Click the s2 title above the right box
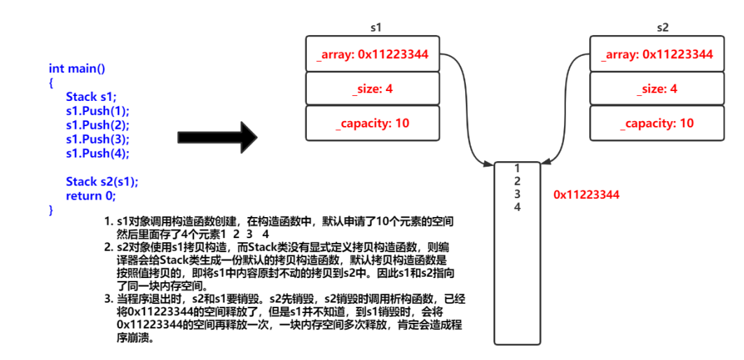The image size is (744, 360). click(x=662, y=27)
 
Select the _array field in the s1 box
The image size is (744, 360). click(x=372, y=54)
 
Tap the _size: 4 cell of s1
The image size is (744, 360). click(x=372, y=89)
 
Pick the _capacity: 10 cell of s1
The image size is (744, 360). click(x=372, y=124)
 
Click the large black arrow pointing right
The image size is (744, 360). click(x=218, y=137)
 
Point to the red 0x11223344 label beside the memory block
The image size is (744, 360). click(x=586, y=195)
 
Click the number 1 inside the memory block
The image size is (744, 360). click(x=517, y=168)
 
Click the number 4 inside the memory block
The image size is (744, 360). click(x=517, y=207)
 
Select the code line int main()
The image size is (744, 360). click(x=76, y=68)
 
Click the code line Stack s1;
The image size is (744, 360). click(x=91, y=97)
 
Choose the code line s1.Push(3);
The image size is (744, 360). click(x=98, y=139)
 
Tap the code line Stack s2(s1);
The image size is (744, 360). click(x=102, y=181)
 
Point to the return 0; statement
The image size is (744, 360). click(x=91, y=195)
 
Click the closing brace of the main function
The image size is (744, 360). click(x=51, y=209)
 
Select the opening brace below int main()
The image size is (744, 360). click(x=51, y=82)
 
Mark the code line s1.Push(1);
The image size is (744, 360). click(x=98, y=111)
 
